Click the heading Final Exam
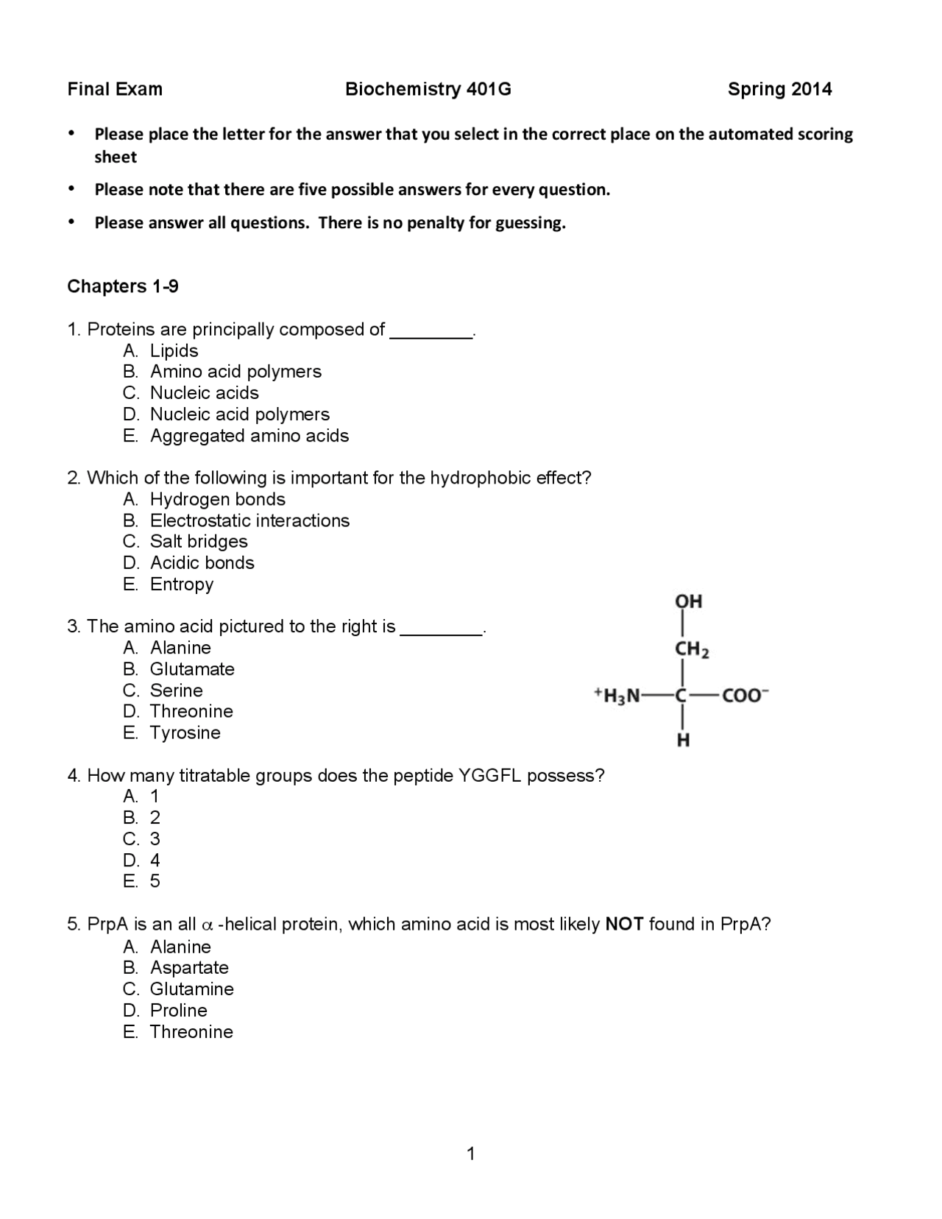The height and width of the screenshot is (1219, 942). click(x=115, y=89)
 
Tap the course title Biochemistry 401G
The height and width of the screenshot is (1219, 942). click(x=428, y=89)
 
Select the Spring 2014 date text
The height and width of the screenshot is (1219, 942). click(x=779, y=89)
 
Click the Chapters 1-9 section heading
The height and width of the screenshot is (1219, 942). click(x=122, y=286)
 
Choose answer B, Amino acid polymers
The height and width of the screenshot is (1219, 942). click(x=235, y=372)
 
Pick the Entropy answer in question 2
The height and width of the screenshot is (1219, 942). click(x=182, y=584)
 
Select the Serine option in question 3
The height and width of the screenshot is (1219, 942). click(x=176, y=690)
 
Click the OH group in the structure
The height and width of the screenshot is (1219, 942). click(x=688, y=601)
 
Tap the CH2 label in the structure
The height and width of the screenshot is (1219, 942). click(x=691, y=650)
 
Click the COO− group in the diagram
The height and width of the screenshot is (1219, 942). click(x=745, y=696)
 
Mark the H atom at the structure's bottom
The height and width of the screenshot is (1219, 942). click(x=683, y=741)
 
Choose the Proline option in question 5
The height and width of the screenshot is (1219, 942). click(x=179, y=1011)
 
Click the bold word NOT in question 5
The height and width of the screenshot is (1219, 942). click(x=624, y=925)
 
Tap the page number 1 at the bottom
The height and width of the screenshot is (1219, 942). click(x=471, y=1153)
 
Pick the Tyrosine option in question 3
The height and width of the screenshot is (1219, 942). click(x=185, y=733)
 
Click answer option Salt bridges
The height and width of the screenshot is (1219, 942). click(x=199, y=542)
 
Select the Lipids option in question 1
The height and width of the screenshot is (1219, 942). click(x=174, y=351)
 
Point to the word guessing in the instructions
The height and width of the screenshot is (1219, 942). click(x=529, y=223)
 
